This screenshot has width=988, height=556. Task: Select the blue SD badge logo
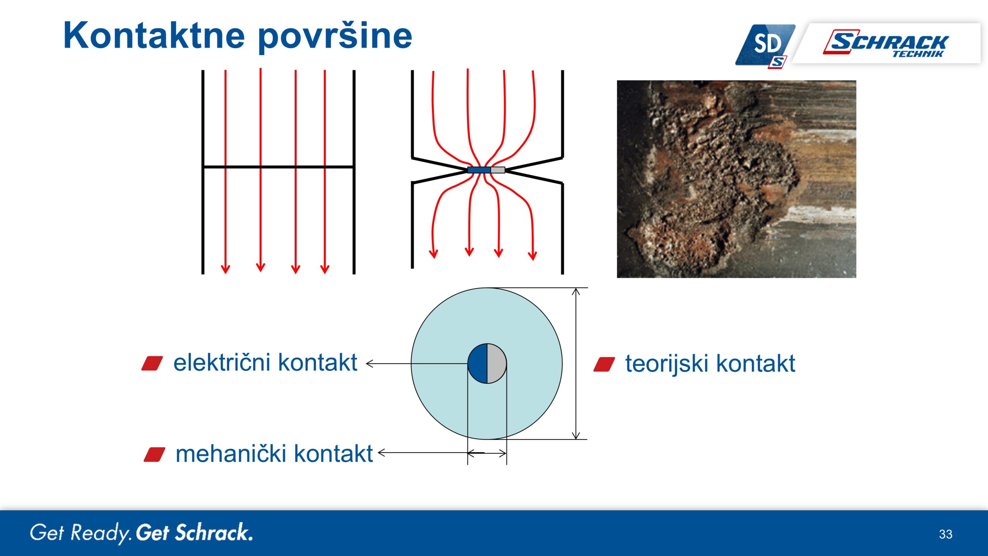(766, 46)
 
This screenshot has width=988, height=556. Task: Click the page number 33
(946, 534)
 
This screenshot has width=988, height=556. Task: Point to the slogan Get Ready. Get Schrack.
(141, 533)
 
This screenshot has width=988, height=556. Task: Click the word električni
(222, 363)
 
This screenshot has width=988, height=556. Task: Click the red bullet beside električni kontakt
(152, 364)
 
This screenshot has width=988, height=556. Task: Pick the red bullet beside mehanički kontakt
(154, 455)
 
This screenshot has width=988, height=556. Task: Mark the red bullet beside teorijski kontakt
(604, 364)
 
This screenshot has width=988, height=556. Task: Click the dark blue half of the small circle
(478, 363)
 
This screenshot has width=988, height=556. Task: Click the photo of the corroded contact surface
(736, 179)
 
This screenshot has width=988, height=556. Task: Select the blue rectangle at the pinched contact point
(479, 170)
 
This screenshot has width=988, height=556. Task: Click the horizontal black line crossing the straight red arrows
(278, 167)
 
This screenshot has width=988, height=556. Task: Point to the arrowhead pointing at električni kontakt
(369, 364)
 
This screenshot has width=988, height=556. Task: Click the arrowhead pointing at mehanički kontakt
(381, 453)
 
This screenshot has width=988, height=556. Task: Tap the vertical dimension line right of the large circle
(576, 364)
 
